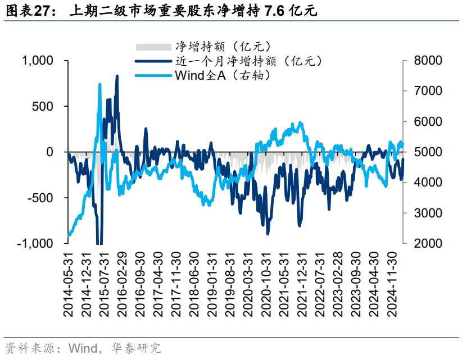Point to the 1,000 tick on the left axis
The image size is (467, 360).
coord(37,60)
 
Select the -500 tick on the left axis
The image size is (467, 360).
coord(41,198)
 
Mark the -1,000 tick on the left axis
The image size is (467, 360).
coord(36,244)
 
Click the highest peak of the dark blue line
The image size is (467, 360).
coord(117,76)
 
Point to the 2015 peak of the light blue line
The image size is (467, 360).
coord(99,84)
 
